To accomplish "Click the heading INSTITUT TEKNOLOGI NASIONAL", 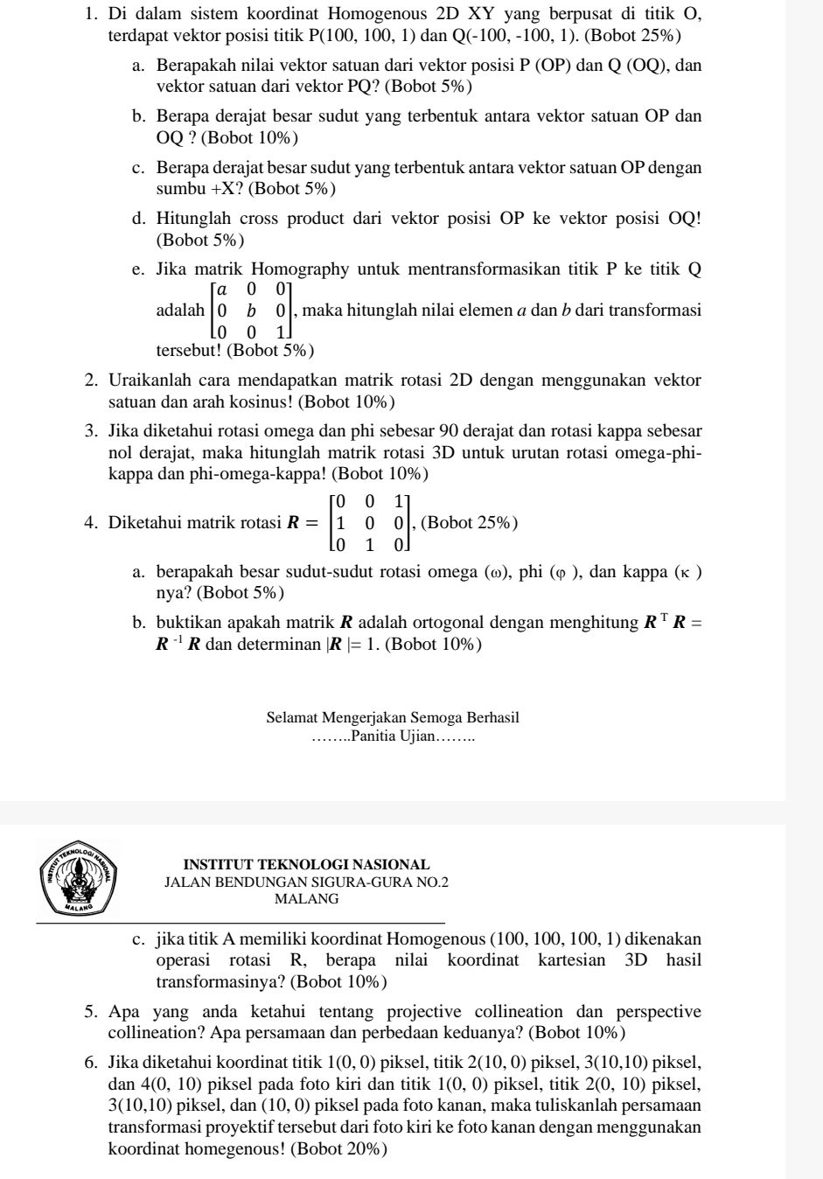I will coord(306,865).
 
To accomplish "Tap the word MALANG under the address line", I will coord(306,898).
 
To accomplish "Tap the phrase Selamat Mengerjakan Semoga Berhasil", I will coord(393,717).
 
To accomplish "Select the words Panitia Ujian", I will coord(393,736).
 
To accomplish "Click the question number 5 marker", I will coord(91,1012).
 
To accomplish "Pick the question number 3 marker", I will coord(91,431).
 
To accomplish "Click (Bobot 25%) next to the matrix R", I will coord(470,523).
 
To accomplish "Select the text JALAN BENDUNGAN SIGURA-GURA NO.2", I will coord(306,883).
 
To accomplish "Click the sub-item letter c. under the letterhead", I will coord(138,939).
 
